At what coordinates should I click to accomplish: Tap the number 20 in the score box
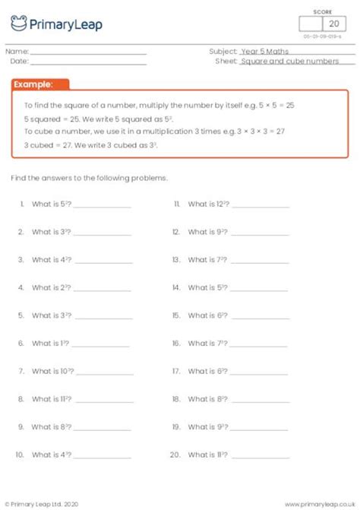[x=332, y=24]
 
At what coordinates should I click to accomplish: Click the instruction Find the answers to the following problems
[x=89, y=178]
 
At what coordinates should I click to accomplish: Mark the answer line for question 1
[x=103, y=206]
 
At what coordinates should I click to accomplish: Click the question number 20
[x=175, y=455]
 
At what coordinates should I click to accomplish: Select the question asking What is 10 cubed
[x=52, y=371]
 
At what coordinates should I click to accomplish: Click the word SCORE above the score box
[x=323, y=12]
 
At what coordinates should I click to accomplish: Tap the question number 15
[x=175, y=315]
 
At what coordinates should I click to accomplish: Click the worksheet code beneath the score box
[x=323, y=36]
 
